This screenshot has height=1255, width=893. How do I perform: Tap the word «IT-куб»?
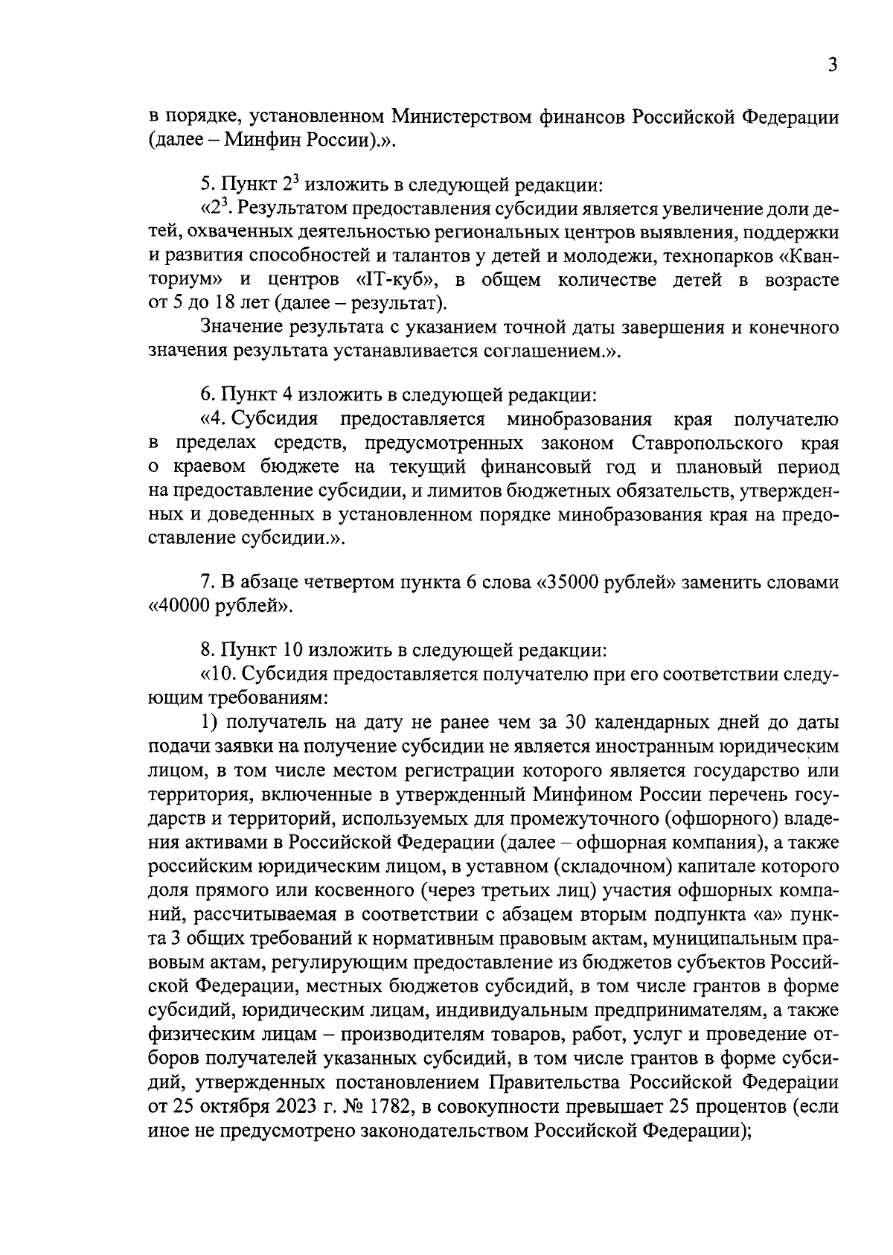click(x=390, y=280)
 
